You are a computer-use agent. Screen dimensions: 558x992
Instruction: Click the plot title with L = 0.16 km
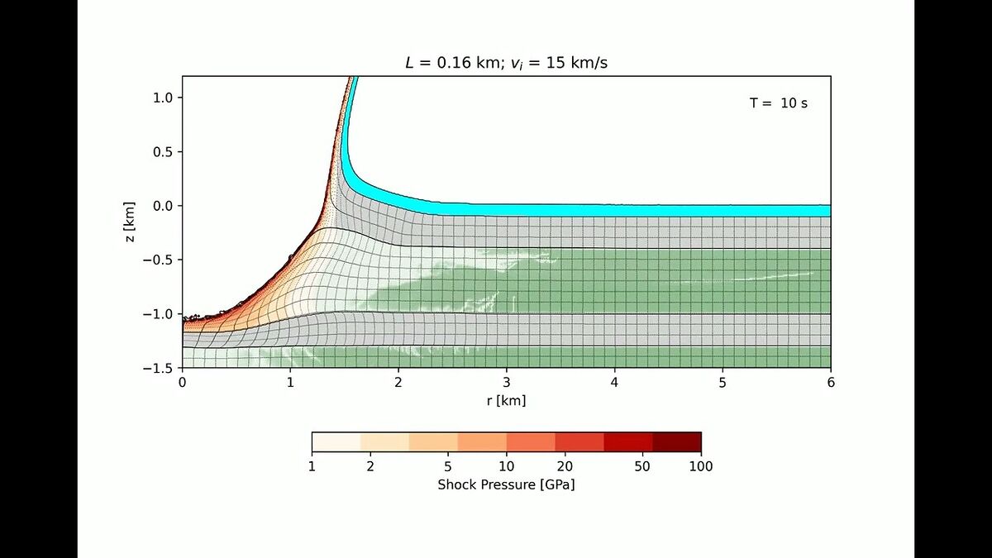pos(506,64)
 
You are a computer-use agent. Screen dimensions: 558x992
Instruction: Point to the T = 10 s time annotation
pos(778,103)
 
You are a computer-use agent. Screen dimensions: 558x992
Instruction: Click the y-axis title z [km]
pos(129,222)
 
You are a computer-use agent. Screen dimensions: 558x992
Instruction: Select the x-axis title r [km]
pos(506,401)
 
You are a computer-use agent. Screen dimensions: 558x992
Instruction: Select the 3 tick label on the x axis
pos(507,382)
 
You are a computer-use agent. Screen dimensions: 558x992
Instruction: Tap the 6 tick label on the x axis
pos(831,382)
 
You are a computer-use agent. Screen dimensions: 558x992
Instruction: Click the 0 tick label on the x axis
pos(183,382)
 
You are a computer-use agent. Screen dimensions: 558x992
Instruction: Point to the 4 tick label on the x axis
pos(615,382)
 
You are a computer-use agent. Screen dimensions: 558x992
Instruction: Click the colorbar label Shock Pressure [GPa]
pos(506,484)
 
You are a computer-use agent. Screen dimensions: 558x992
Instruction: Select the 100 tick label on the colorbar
pos(700,466)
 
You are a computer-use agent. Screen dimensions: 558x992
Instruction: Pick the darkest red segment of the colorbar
pos(676,441)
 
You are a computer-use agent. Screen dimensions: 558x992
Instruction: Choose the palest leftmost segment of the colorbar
pos(336,441)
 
